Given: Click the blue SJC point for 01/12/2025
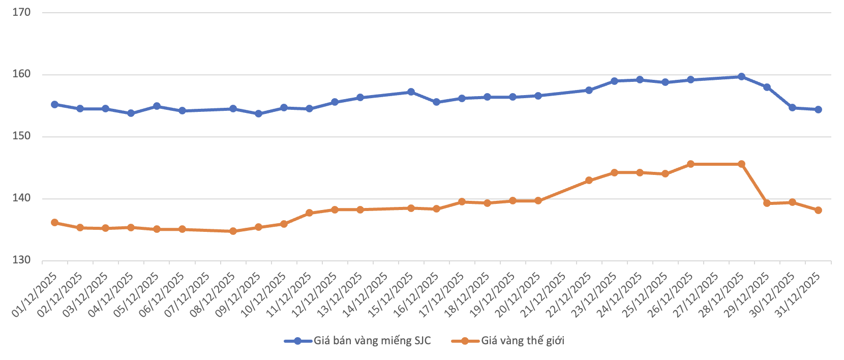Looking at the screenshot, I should point(54,104).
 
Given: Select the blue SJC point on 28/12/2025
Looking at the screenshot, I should point(741,77).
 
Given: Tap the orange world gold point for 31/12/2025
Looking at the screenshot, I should point(818,210).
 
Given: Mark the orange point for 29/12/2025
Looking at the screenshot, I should point(767,203).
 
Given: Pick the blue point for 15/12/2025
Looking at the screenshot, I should point(411,92).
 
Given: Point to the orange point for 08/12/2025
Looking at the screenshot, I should point(233,231).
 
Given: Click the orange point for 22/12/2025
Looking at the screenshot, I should point(589,181).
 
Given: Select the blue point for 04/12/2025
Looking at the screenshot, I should point(131,113).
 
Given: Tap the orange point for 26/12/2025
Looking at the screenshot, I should point(690,164).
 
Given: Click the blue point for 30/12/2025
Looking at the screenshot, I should point(792,108).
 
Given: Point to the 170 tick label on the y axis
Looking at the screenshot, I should point(21,12).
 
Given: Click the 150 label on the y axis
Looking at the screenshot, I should point(21,136).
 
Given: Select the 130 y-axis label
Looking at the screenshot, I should point(21,260).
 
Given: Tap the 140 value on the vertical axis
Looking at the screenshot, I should point(21,198).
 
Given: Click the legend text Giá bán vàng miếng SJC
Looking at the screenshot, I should point(372,341).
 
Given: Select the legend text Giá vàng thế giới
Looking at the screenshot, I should point(523,341).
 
